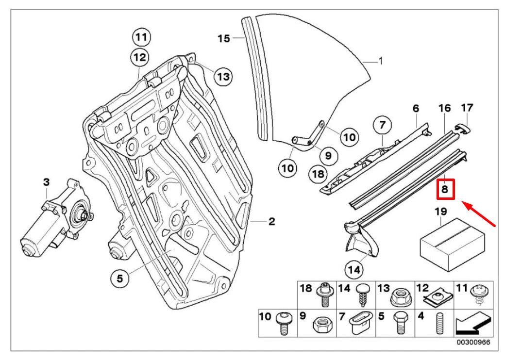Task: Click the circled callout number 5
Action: click(119, 278)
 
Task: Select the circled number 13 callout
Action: click(223, 76)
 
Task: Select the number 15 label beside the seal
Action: click(223, 38)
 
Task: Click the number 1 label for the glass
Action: click(381, 62)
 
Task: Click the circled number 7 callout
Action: click(382, 126)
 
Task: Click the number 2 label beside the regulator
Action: click(272, 222)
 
